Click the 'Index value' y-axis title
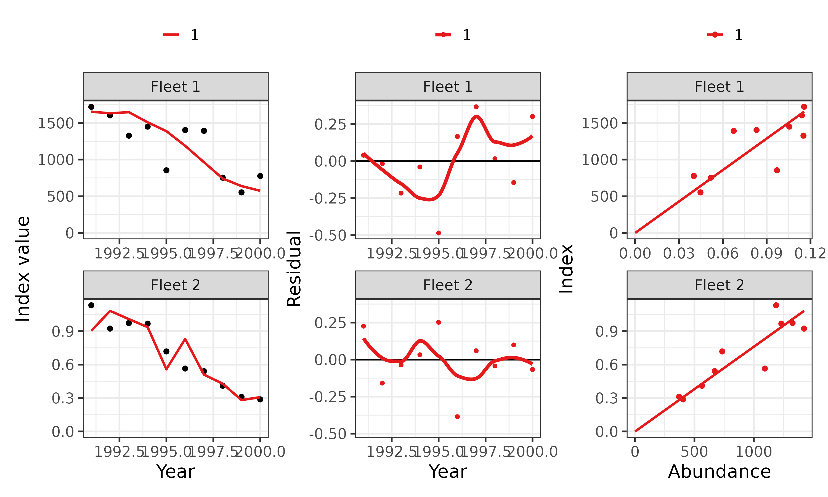coord(23,269)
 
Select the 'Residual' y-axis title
coord(294,269)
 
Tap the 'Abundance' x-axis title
coord(719,472)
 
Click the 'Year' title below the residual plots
coord(447,472)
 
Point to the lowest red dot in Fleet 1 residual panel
coord(439,233)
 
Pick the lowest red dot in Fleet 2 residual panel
coord(457,417)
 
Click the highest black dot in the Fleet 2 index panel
coord(91,305)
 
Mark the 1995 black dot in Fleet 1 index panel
coord(166,170)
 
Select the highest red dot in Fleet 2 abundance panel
coord(776,305)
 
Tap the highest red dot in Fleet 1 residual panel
coord(476,107)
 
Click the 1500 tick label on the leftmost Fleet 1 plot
coord(55,123)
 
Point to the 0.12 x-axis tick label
coord(810,253)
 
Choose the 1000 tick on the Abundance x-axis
coord(753,452)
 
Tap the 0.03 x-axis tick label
coord(679,253)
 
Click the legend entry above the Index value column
coord(181,35)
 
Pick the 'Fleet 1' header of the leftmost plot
coord(175,87)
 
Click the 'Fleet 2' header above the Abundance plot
coord(719,285)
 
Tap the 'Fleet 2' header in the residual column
coord(447,285)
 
